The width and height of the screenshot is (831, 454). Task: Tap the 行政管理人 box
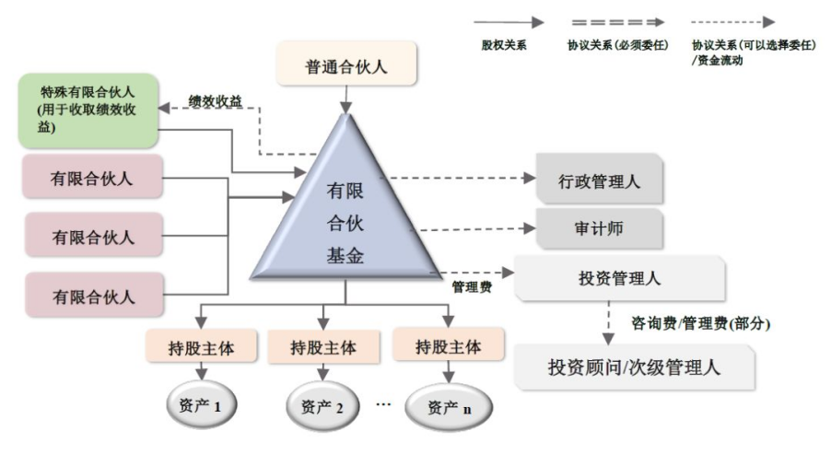600,180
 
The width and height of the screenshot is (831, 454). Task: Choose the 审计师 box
599,227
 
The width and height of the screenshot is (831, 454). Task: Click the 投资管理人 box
619,279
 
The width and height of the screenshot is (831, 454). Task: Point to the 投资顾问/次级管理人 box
634,367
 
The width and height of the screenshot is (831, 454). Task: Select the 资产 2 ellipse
322,405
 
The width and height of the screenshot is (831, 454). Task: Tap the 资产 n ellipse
448,406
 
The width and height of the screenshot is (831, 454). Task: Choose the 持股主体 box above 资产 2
322,347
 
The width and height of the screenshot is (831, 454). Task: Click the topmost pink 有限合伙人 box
90,179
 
